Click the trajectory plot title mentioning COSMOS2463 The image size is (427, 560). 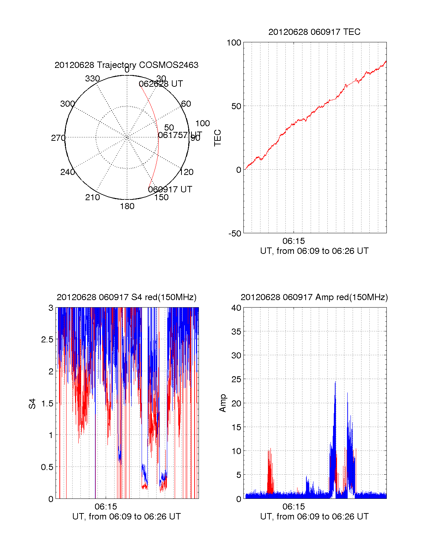click(126, 65)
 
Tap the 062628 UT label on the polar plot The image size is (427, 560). click(161, 84)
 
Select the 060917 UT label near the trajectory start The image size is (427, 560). click(170, 190)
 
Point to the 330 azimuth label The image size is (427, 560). click(92, 79)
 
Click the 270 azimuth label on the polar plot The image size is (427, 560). click(58, 138)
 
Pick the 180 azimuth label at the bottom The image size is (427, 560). click(127, 206)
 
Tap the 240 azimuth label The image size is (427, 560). click(67, 172)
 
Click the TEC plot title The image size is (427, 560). click(314, 32)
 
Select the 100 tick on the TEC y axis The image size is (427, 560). click(234, 43)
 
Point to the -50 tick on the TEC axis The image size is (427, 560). click(234, 234)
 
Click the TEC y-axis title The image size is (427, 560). click(218, 138)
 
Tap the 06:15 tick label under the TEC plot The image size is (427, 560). click(294, 241)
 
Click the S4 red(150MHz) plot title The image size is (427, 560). click(126, 297)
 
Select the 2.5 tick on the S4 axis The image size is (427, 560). click(47, 340)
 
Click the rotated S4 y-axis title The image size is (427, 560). click(32, 404)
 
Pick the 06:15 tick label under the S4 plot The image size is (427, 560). click(106, 507)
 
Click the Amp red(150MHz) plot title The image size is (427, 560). click(314, 297)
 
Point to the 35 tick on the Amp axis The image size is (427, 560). click(236, 332)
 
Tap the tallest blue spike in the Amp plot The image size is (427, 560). click(335, 383)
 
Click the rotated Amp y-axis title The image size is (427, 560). click(223, 403)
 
